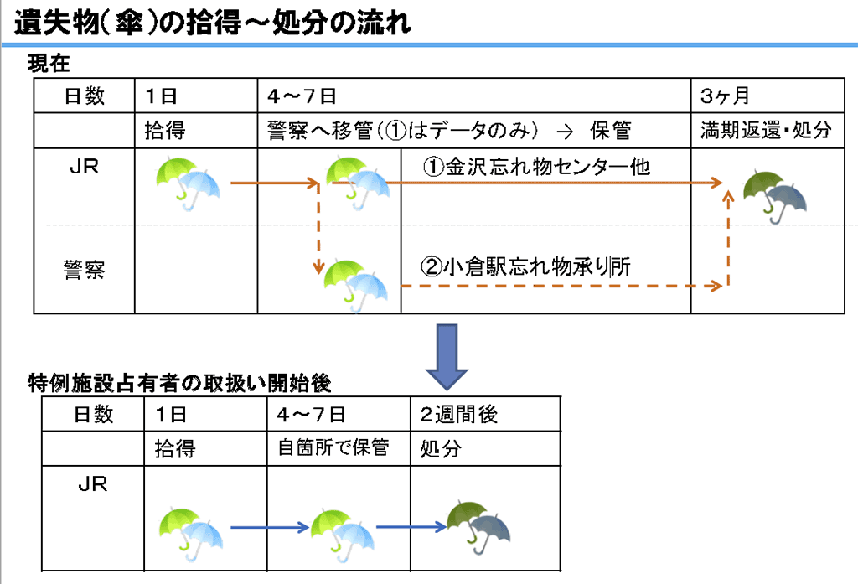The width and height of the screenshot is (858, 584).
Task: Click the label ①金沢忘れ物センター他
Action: pos(535,167)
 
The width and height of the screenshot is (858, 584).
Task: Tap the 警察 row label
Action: pos(84,269)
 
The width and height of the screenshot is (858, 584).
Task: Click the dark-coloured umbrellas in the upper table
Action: pos(774,196)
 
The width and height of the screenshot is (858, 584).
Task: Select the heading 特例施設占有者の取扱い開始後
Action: pos(179,384)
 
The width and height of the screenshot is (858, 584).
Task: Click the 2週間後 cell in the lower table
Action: pos(459,414)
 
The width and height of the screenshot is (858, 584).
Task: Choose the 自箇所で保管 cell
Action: pos(333,448)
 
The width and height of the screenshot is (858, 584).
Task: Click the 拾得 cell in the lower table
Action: pos(175,449)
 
